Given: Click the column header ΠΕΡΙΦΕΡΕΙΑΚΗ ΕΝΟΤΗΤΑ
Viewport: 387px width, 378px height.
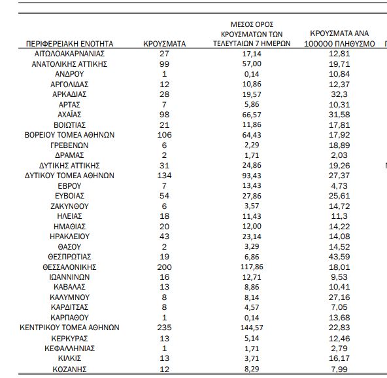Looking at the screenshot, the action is pos(69,44).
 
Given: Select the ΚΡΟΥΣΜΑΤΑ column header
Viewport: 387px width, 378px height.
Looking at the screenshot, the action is pos(164,44).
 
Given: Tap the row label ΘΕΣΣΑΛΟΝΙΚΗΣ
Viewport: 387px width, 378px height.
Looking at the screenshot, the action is pos(69,267).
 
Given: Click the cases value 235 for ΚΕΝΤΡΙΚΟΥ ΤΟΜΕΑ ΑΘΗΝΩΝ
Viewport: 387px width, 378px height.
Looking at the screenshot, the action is pos(164,328).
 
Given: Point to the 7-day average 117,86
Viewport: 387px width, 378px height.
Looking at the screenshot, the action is pos(252,267).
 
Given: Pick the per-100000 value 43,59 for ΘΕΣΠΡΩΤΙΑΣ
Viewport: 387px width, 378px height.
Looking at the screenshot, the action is pos(339,257).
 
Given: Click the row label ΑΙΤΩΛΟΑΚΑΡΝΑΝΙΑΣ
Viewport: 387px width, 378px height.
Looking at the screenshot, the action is pos(69,54).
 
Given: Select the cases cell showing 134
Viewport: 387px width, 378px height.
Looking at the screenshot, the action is pos(164,176).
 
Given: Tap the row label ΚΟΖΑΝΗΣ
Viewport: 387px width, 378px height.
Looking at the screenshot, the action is pos(69,369).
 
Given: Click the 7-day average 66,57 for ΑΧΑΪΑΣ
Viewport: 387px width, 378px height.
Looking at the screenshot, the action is pos(252,115).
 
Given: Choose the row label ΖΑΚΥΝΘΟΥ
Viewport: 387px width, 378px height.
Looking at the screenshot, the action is pos(69,206).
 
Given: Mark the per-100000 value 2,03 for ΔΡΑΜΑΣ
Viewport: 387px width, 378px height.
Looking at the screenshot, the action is pos(339,155).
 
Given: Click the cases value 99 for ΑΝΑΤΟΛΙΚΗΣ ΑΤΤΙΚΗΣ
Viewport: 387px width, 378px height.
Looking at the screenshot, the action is pos(164,64).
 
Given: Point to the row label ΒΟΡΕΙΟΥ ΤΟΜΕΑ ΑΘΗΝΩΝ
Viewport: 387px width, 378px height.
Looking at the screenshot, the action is pos(69,135).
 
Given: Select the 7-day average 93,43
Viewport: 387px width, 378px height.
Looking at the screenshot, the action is pos(252,176).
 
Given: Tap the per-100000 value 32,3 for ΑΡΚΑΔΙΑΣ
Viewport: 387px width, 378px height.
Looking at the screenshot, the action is pos(339,94).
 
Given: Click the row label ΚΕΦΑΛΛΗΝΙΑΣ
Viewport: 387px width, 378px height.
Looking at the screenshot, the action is pos(69,349).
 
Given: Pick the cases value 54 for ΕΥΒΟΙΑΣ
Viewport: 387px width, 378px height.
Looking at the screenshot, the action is pos(164,196).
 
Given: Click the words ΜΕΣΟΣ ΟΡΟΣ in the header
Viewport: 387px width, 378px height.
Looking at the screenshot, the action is pos(252,24).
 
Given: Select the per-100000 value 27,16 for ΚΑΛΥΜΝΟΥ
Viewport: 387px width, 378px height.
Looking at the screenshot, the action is pos(339,297).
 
